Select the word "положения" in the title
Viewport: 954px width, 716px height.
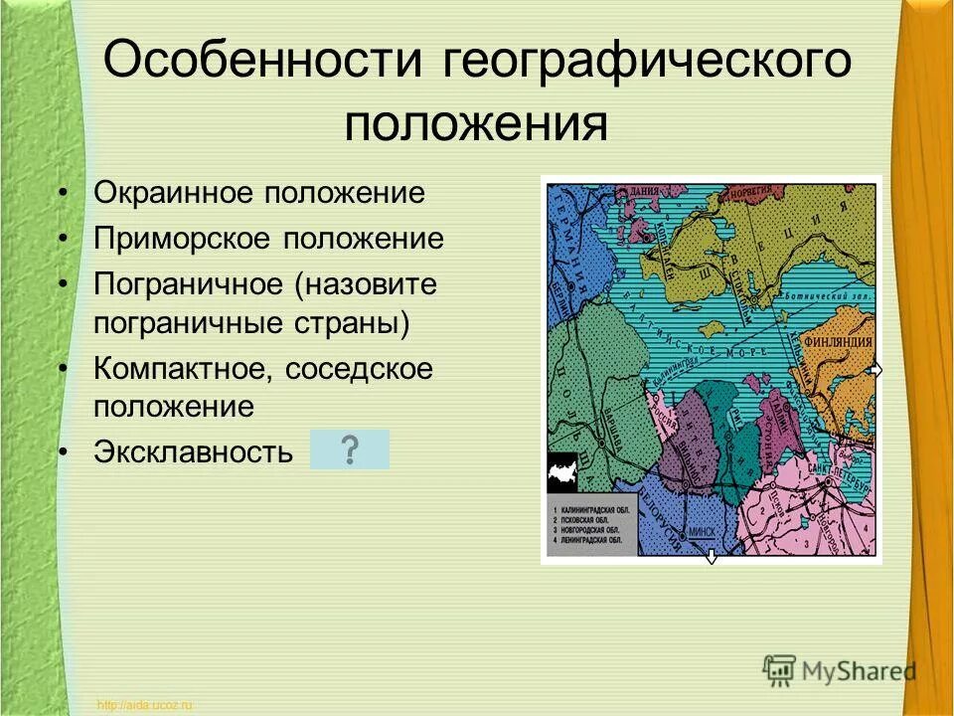pyautogui.click(x=476, y=125)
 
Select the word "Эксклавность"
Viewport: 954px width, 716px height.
pyautogui.click(x=194, y=452)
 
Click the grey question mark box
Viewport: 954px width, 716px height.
pyautogui.click(x=350, y=450)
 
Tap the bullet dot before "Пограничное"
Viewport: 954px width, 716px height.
pyautogui.click(x=65, y=284)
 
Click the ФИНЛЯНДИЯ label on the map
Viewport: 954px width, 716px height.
pyautogui.click(x=839, y=340)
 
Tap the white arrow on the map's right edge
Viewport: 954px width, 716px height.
pyautogui.click(x=875, y=370)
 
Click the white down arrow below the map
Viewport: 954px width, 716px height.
pyautogui.click(x=712, y=559)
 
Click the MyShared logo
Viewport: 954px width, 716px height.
pyautogui.click(x=840, y=670)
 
